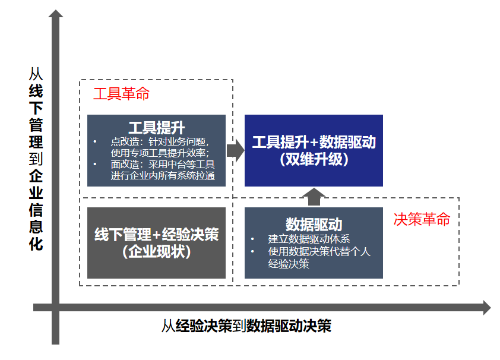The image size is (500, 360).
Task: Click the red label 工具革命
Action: (121, 94)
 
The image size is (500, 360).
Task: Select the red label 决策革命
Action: (422, 219)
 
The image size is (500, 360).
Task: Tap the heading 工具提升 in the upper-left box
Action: (157, 128)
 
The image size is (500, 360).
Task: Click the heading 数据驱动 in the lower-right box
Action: (314, 225)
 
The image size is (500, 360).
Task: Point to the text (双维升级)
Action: (314, 159)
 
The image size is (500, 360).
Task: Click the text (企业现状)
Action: (157, 252)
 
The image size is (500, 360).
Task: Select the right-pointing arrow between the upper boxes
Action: (236, 150)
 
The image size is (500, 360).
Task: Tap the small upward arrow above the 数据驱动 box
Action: (314, 197)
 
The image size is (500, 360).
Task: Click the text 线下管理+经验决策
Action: (157, 235)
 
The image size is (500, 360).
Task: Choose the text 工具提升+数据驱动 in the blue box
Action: (314, 142)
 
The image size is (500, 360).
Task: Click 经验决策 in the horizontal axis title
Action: (204, 326)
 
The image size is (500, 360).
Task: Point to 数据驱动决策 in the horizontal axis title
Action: (289, 326)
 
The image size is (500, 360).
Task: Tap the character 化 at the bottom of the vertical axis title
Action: (36, 244)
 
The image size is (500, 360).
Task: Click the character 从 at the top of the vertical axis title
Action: (36, 74)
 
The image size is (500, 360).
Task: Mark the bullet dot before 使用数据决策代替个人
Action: (252, 252)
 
